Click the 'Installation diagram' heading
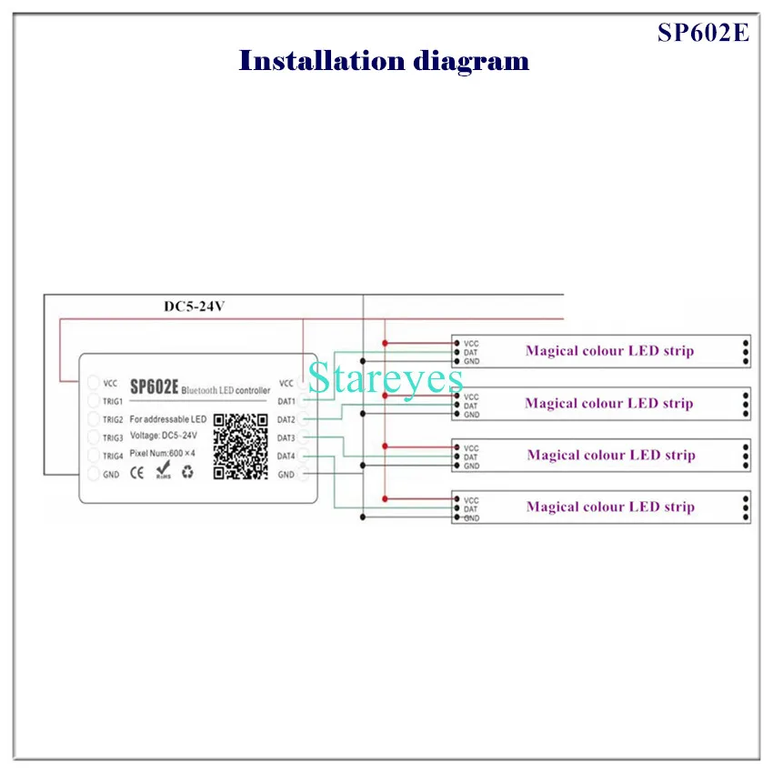[x=384, y=62]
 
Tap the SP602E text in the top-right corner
[x=704, y=32]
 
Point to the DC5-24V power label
[x=194, y=306]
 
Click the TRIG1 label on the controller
[x=113, y=401]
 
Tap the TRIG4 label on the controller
[x=113, y=456]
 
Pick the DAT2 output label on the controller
[x=286, y=420]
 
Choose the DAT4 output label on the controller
[x=286, y=457]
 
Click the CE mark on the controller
[x=137, y=472]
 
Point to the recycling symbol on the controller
[x=187, y=472]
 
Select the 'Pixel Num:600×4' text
[x=167, y=453]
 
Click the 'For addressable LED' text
[x=168, y=419]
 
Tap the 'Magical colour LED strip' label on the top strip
[x=609, y=351]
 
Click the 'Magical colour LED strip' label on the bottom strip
[x=609, y=507]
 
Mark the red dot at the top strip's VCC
[x=385, y=343]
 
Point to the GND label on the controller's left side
[x=111, y=475]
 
